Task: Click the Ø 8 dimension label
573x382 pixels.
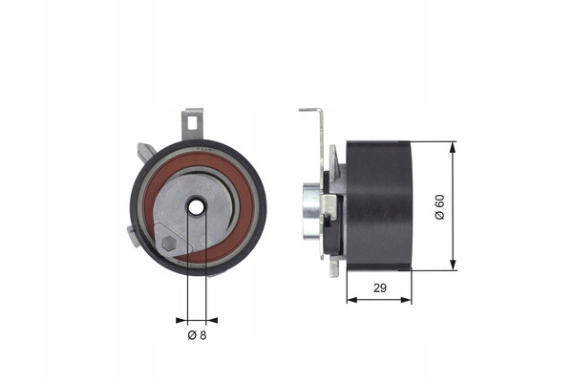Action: [x=197, y=335]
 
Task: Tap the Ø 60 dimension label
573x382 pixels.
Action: [x=440, y=207]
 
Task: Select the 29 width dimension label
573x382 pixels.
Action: [x=380, y=288]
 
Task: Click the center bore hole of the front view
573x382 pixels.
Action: [x=197, y=207]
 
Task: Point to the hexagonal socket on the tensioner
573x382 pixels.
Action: [x=169, y=244]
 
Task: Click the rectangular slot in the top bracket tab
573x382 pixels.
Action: [x=192, y=123]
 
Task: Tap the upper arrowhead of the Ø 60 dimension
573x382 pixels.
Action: [x=453, y=147]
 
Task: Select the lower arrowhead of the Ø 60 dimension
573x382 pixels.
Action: [x=453, y=265]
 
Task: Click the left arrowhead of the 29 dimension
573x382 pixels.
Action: [x=351, y=300]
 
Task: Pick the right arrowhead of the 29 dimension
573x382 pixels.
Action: [x=406, y=300]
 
